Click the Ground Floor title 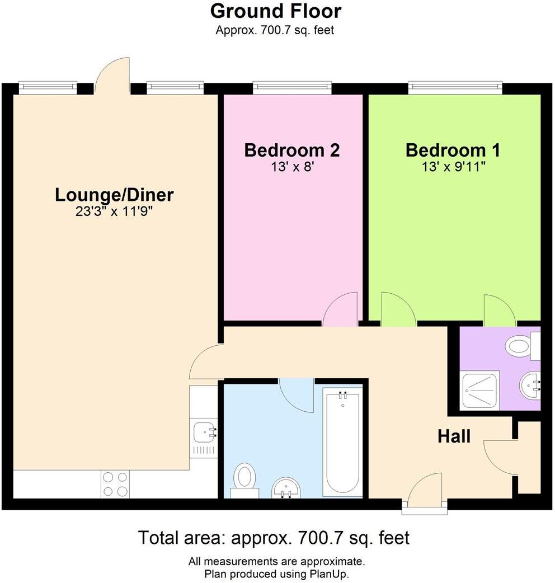click(x=275, y=11)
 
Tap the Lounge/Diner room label click(x=114, y=195)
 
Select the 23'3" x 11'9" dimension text click(x=114, y=211)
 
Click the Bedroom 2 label click(x=292, y=151)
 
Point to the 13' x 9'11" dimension click(x=453, y=167)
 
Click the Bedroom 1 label click(x=453, y=151)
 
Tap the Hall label click(x=454, y=436)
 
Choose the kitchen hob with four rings click(x=115, y=483)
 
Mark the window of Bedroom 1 click(x=455, y=87)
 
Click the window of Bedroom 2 click(x=291, y=87)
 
